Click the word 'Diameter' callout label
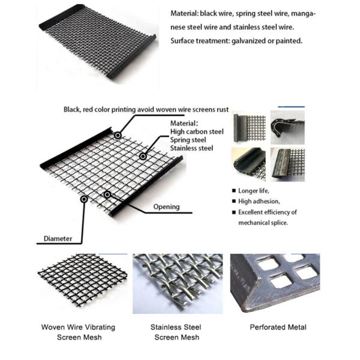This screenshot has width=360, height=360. [x=58, y=239]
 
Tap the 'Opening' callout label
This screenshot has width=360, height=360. [x=166, y=207]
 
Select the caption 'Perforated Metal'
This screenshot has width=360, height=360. [x=278, y=327]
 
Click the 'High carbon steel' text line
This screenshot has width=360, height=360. [x=197, y=132]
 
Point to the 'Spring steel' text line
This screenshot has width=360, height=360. [x=188, y=140]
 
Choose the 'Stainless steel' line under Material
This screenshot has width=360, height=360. [x=191, y=148]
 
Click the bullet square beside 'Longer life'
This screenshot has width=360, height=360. [x=234, y=191]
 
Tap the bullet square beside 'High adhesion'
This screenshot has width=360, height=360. [x=234, y=202]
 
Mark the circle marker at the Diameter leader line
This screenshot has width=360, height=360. [x=84, y=199]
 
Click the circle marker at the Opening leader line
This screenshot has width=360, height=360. [x=107, y=194]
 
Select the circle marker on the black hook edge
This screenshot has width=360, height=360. [x=118, y=135]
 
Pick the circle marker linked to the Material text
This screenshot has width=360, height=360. [x=143, y=157]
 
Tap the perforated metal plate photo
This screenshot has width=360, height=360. [x=275, y=283]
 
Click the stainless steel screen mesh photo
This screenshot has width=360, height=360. [x=178, y=284]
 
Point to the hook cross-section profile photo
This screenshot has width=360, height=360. [x=287, y=127]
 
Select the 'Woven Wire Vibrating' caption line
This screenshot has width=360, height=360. [x=78, y=327]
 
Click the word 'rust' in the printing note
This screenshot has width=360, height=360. [x=223, y=110]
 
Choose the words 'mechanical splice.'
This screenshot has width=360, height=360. [x=263, y=223]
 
